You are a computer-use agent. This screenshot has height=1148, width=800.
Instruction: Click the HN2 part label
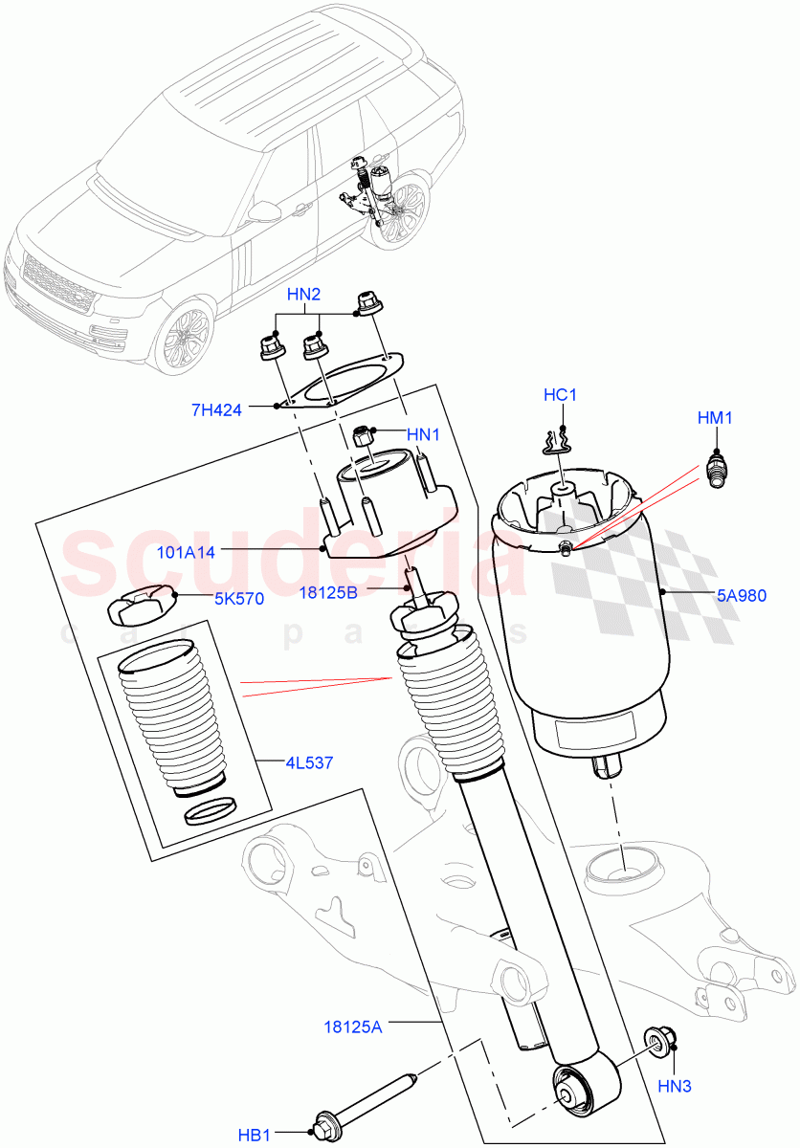pyautogui.click(x=303, y=295)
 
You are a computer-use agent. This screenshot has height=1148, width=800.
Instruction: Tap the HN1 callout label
pyautogui.click(x=422, y=434)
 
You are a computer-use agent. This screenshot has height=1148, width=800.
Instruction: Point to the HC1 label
pyautogui.click(x=562, y=394)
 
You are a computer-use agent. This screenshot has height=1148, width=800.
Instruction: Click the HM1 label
pyautogui.click(x=714, y=417)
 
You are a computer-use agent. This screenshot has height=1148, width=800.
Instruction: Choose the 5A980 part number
pyautogui.click(x=742, y=593)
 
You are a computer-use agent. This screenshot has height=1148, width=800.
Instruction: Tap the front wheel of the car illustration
pyautogui.click(x=185, y=337)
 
